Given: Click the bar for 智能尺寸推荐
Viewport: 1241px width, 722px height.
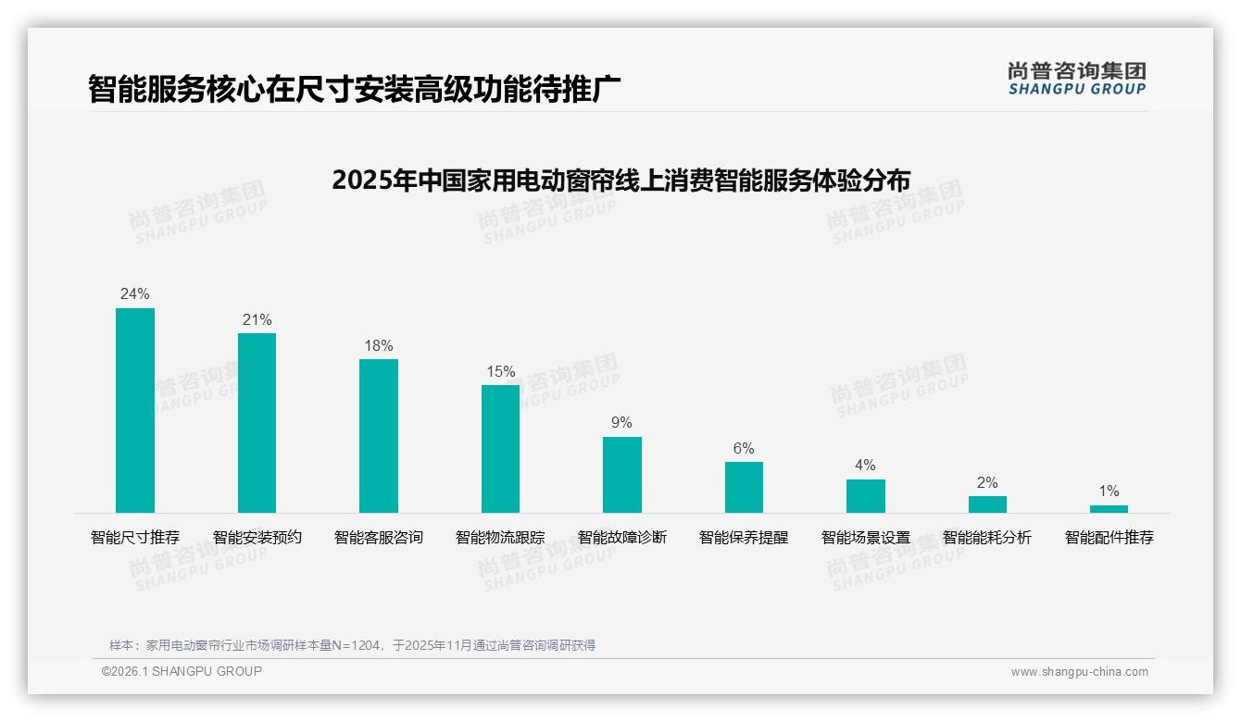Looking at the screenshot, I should tap(135, 410).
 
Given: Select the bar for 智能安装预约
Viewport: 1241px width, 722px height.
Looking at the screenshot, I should tap(257, 423).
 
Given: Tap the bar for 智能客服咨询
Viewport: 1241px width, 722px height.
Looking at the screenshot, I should tap(379, 435).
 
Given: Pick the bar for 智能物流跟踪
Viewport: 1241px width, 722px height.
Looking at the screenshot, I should tap(500, 448).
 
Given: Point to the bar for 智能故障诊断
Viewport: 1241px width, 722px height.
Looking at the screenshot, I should tap(622, 474).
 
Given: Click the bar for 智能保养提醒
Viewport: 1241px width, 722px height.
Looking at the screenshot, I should tap(744, 487).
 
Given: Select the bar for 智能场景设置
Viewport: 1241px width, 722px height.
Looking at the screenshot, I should tap(865, 495).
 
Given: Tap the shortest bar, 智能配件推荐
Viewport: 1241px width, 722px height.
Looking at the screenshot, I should tap(1109, 508).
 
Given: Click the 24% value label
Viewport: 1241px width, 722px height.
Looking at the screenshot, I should tap(135, 294).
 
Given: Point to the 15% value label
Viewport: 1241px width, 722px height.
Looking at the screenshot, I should tap(500, 372).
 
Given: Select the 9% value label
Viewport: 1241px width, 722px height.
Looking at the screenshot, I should tap(622, 423).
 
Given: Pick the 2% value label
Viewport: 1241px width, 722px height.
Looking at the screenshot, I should tap(987, 483).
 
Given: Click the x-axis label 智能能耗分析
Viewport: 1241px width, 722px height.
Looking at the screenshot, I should tap(987, 538).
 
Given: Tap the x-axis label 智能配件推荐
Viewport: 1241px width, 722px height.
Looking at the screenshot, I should tap(1109, 538).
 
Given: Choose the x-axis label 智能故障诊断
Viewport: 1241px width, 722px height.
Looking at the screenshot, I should tap(622, 538).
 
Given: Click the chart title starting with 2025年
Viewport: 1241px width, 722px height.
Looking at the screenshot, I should tap(620, 180).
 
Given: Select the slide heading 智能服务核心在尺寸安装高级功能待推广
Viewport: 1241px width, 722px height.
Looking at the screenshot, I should tap(354, 89).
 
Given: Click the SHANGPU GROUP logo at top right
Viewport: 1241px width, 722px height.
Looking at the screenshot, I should tap(1077, 79).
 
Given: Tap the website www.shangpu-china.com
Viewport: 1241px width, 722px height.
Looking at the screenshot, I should tap(1079, 672).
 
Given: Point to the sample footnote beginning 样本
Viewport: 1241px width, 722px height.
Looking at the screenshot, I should tap(352, 645).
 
